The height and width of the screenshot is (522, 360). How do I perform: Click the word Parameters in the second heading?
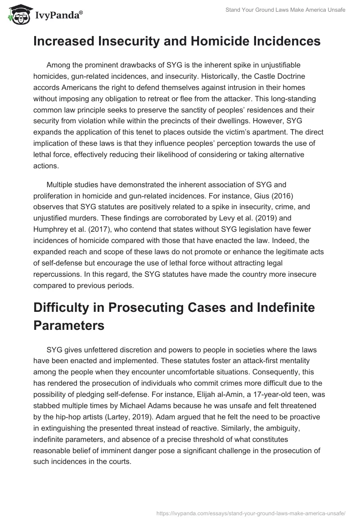[x=69, y=325]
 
